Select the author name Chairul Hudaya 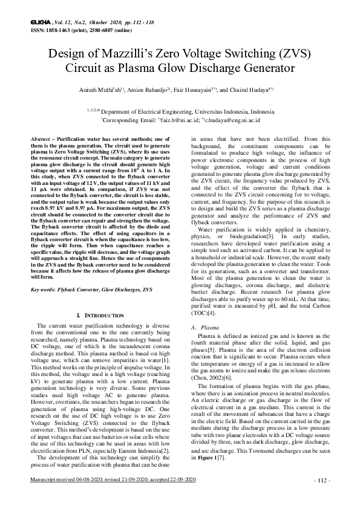pos(241,91)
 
